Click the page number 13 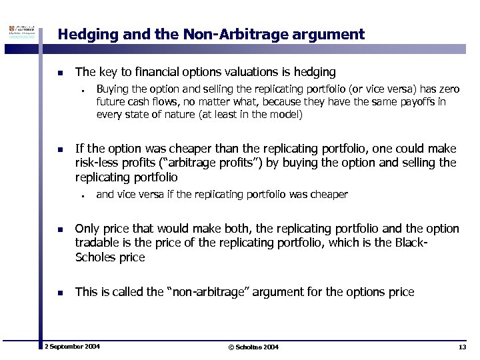pyautogui.click(x=463, y=347)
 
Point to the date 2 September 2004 pyautogui.click(x=72, y=347)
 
